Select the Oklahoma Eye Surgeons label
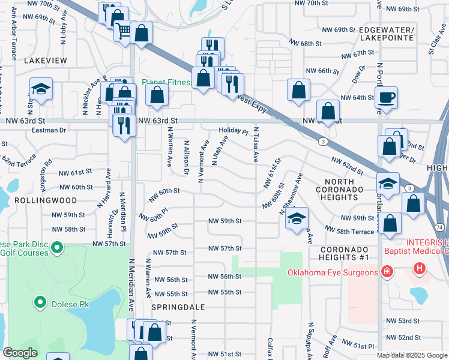tap(333, 273)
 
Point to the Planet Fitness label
tap(166, 82)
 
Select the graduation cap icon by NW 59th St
tap(297, 220)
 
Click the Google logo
tap(20, 353)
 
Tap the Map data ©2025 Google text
tap(412, 355)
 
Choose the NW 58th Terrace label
tap(349, 230)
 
